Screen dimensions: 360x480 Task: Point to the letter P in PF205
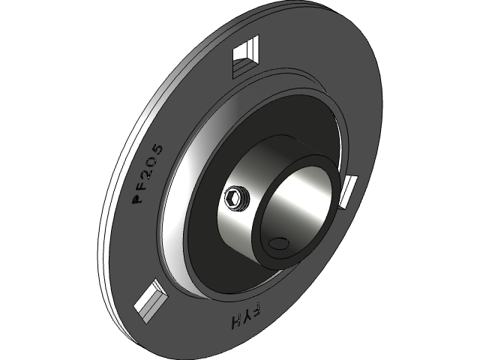pos(138,199)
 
